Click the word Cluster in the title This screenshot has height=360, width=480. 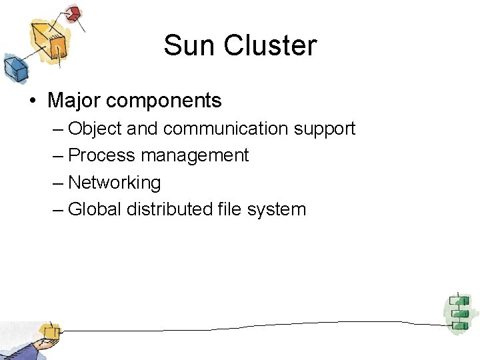tap(271, 46)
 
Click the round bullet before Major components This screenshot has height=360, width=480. tap(32, 101)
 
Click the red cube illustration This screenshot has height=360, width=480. tap(73, 14)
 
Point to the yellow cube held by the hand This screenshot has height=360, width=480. tap(49, 331)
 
